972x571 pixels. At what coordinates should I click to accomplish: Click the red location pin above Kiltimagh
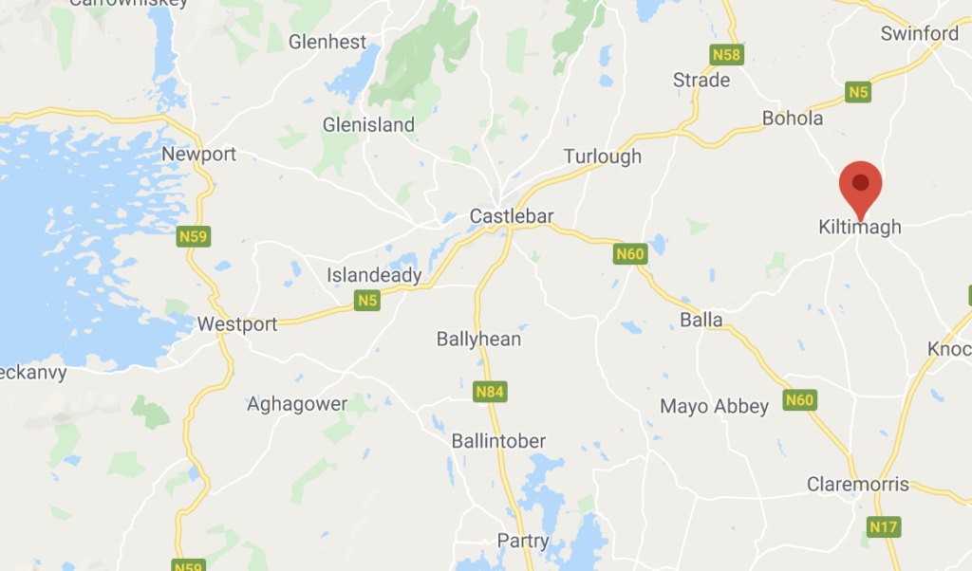click(861, 186)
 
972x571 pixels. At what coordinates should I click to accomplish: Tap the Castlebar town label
click(511, 217)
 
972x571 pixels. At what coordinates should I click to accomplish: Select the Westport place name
click(237, 324)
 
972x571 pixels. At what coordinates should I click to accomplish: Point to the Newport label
click(198, 155)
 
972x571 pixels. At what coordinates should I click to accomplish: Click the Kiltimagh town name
click(859, 228)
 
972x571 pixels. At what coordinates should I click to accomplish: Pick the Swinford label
click(919, 34)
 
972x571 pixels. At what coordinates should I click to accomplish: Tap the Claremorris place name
click(857, 485)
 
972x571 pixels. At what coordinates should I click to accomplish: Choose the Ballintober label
click(498, 441)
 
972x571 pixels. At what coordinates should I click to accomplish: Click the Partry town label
click(523, 541)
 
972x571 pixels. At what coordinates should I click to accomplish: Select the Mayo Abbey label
click(714, 407)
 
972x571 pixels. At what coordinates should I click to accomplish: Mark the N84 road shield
click(488, 389)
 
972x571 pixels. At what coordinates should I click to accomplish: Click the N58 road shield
click(726, 55)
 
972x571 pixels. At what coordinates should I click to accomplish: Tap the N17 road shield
click(884, 525)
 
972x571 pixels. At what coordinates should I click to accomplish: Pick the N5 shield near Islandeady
click(366, 302)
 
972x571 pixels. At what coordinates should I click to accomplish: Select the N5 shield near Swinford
click(858, 92)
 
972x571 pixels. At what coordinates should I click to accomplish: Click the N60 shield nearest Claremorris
click(799, 400)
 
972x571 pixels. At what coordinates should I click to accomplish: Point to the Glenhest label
click(327, 43)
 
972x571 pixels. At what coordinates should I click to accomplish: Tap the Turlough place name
click(602, 157)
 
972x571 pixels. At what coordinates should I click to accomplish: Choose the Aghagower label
click(297, 404)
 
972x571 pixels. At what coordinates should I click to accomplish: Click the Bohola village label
click(793, 120)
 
